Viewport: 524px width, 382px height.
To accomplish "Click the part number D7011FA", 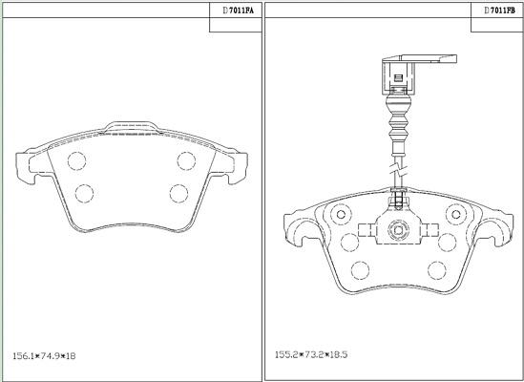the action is [239, 11].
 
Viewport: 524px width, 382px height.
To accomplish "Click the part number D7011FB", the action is [499, 11].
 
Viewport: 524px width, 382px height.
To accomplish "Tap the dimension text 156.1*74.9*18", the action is [44, 356].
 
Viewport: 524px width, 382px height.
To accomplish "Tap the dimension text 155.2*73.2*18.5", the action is [311, 354].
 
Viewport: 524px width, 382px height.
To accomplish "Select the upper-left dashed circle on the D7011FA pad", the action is [77, 160].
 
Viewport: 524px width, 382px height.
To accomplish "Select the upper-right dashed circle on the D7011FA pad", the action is [186, 160].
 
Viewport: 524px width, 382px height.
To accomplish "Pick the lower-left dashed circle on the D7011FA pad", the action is [84, 193].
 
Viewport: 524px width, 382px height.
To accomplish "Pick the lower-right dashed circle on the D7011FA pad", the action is [178, 193].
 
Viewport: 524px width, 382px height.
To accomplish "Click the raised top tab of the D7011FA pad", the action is [132, 126].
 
